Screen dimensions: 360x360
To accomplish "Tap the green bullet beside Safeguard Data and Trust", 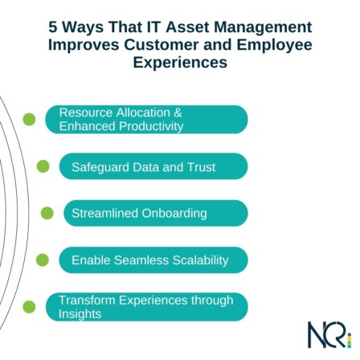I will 44,168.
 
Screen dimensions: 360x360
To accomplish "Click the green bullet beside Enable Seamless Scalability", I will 44,260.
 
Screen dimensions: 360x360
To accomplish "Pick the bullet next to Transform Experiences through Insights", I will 31,306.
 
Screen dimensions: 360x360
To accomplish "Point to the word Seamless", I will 142,260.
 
